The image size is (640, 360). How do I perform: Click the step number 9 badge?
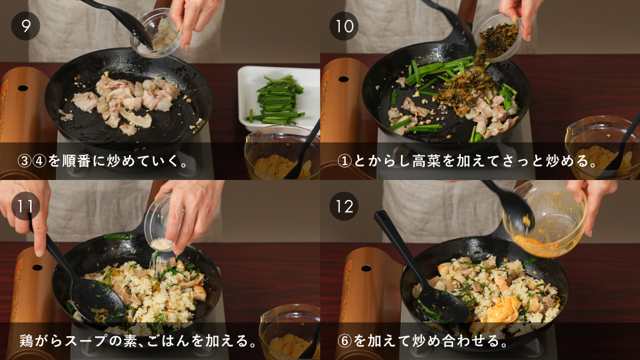[25, 26]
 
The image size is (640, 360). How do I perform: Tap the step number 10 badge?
[344, 26]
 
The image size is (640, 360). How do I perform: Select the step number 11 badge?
[25, 206]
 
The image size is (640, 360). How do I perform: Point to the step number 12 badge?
[344, 206]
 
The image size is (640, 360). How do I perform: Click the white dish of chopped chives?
[278, 98]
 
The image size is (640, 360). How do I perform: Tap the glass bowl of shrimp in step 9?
[157, 33]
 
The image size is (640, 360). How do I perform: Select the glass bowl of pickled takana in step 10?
[497, 37]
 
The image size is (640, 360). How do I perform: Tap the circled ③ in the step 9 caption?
[24, 161]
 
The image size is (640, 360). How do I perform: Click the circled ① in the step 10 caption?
[344, 161]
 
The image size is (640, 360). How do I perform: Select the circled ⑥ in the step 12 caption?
[344, 341]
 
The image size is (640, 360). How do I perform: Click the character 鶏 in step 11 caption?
[26, 341]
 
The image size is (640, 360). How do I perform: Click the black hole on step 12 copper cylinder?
[366, 268]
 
